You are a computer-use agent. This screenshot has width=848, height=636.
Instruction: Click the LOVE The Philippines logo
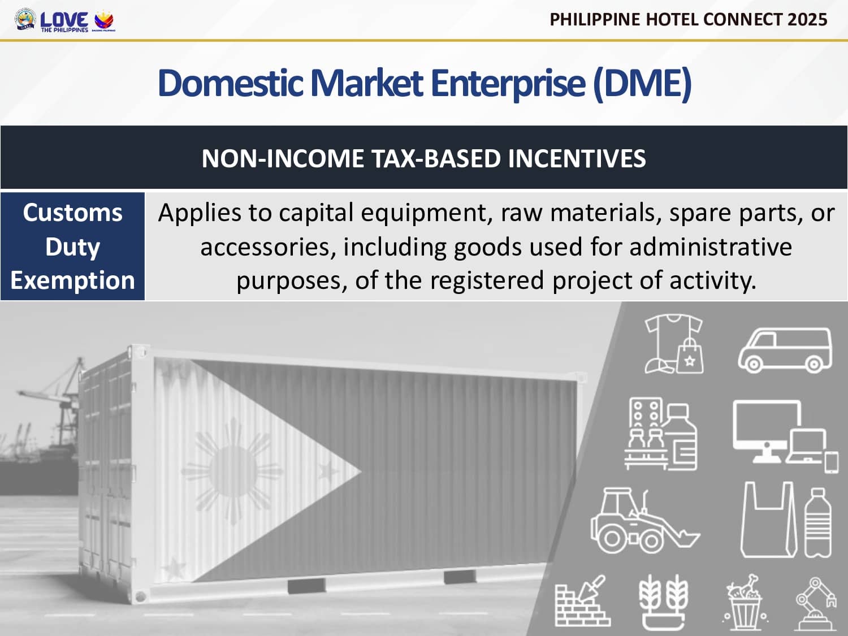pyautogui.click(x=64, y=21)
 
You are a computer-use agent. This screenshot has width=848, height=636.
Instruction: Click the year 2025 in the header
pyautogui.click(x=807, y=20)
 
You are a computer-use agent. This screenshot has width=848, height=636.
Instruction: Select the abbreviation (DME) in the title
pyautogui.click(x=642, y=84)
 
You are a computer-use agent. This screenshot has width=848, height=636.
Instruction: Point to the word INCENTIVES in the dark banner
pyautogui.click(x=577, y=158)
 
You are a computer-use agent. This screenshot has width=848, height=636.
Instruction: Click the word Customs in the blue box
pyautogui.click(x=72, y=213)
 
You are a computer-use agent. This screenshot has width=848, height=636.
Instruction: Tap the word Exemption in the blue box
pyautogui.click(x=72, y=281)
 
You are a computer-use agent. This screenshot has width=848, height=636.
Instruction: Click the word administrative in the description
pyautogui.click(x=711, y=247)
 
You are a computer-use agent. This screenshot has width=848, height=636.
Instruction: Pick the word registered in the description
pyautogui.click(x=487, y=281)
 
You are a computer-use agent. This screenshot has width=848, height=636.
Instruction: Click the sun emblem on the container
pyautogui.click(x=232, y=470)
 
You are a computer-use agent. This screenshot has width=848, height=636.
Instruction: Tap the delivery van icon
pyautogui.click(x=785, y=350)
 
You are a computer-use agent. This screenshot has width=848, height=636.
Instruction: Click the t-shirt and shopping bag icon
pyautogui.click(x=674, y=344)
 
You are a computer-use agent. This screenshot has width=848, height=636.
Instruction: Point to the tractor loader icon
pyautogui.click(x=644, y=521)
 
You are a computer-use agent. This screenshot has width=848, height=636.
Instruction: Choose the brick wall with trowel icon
pyautogui.click(x=583, y=600)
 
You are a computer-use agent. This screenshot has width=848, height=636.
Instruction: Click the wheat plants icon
pyautogui.click(x=663, y=603)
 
